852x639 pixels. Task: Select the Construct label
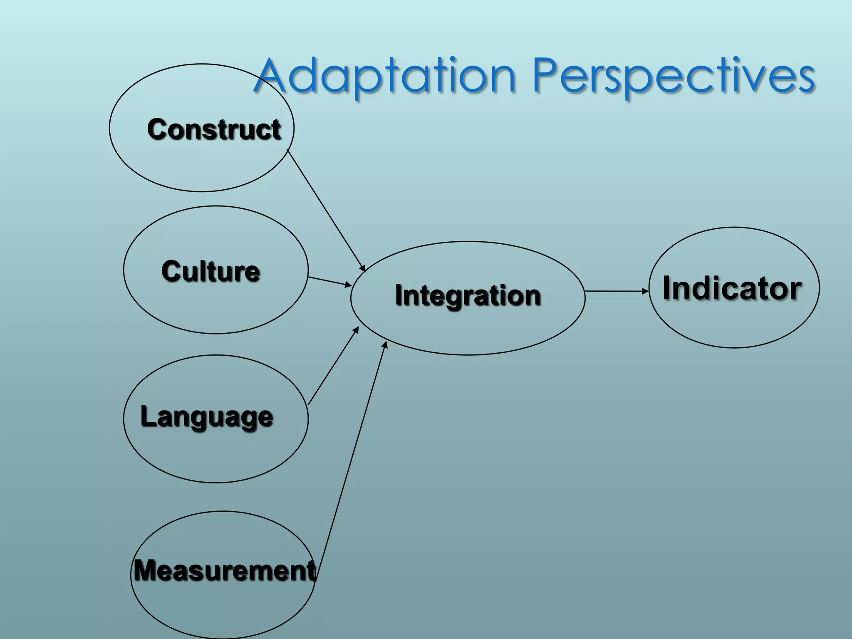(214, 129)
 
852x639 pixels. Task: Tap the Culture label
(211, 272)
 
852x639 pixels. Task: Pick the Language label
(207, 416)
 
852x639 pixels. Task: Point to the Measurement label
(225, 570)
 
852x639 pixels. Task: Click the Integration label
(468, 295)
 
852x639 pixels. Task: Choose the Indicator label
(732, 288)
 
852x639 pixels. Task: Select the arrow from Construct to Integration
(326, 210)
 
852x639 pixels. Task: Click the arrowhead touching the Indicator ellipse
(646, 291)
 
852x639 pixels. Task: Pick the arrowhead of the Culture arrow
(349, 285)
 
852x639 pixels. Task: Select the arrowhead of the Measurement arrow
(385, 345)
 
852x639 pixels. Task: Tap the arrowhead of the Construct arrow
(363, 269)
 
